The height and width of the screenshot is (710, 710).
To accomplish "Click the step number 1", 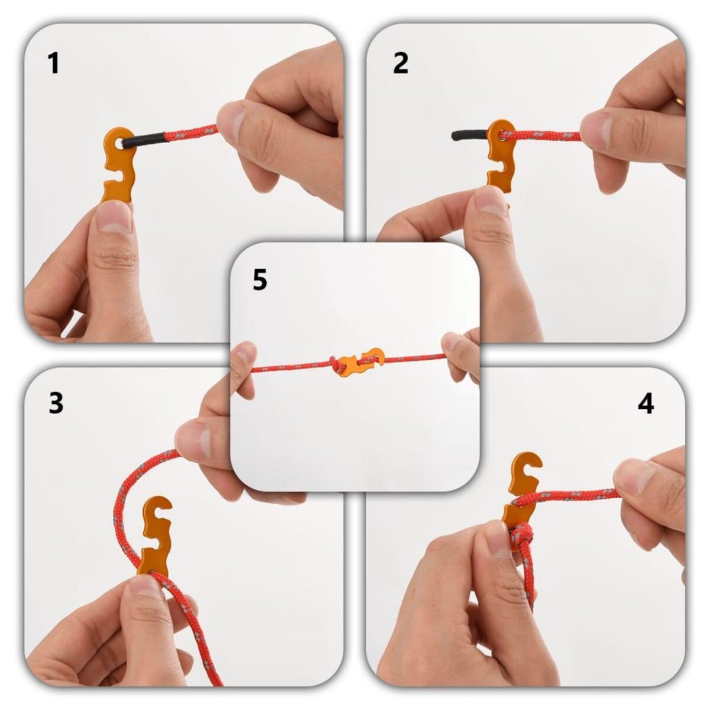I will tap(54, 63).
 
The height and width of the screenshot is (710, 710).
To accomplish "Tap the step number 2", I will tap(401, 63).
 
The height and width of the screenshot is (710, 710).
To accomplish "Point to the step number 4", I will tap(646, 404).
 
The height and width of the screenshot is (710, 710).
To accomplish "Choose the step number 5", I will tap(260, 280).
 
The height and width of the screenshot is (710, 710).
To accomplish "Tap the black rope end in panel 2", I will tap(467, 135).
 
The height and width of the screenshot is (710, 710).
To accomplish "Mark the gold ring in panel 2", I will tap(680, 102).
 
